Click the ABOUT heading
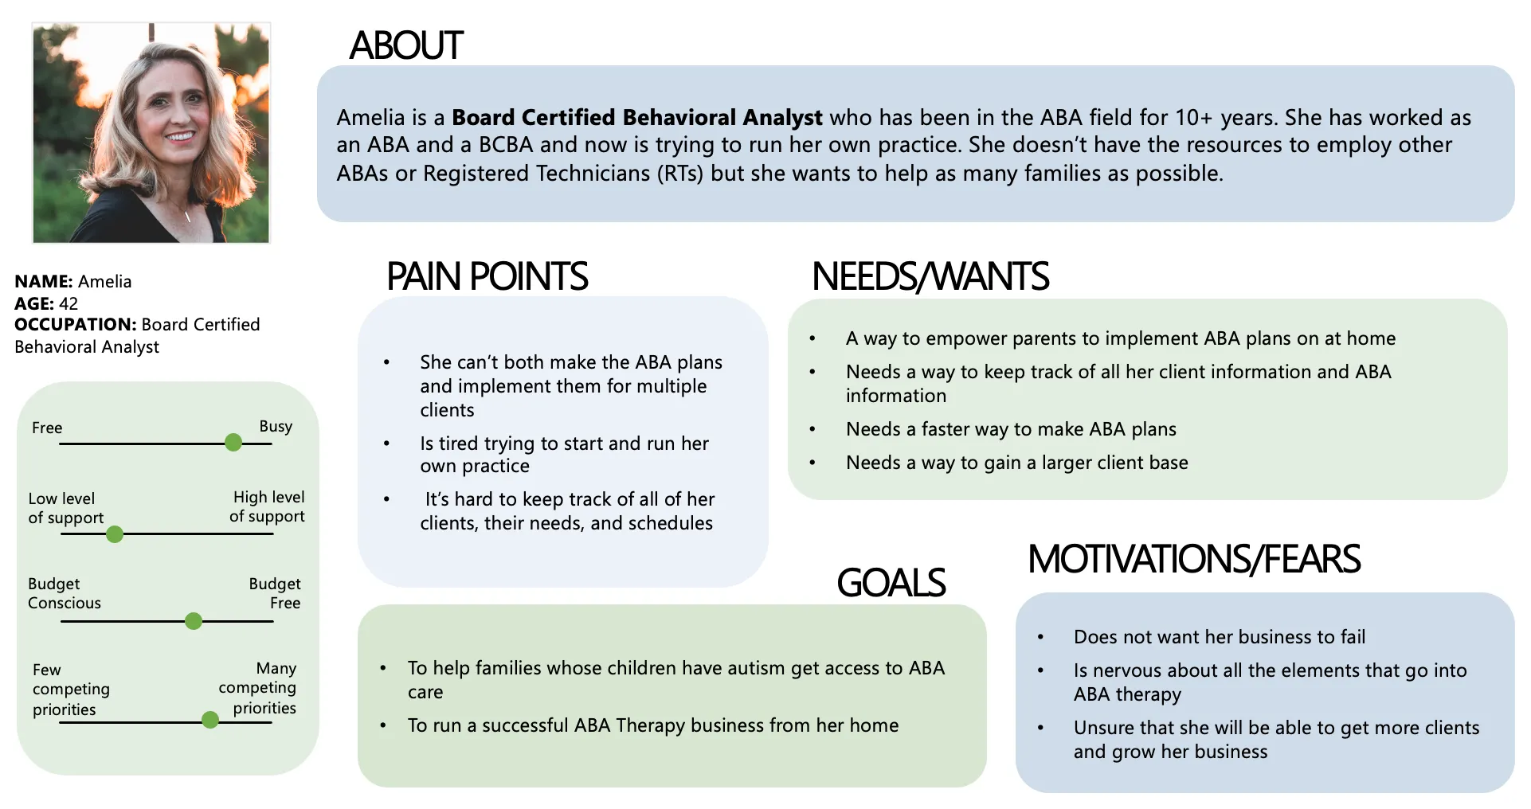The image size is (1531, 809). coord(406,45)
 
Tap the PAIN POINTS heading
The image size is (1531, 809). coord(487,277)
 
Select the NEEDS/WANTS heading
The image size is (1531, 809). coord(930,277)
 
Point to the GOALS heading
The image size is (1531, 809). coord(891,583)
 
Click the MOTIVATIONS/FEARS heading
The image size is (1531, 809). coord(1193,559)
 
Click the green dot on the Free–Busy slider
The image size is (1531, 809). coord(233,443)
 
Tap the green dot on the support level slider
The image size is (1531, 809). coord(115,534)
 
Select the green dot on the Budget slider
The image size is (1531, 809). coord(194,621)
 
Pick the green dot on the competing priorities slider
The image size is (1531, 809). coord(210,721)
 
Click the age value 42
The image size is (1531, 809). coord(69,303)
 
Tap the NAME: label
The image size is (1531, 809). coord(43,281)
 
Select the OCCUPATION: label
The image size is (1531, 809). coord(76,324)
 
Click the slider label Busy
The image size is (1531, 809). coord(276,426)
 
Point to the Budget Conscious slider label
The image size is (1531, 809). coord(64,593)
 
